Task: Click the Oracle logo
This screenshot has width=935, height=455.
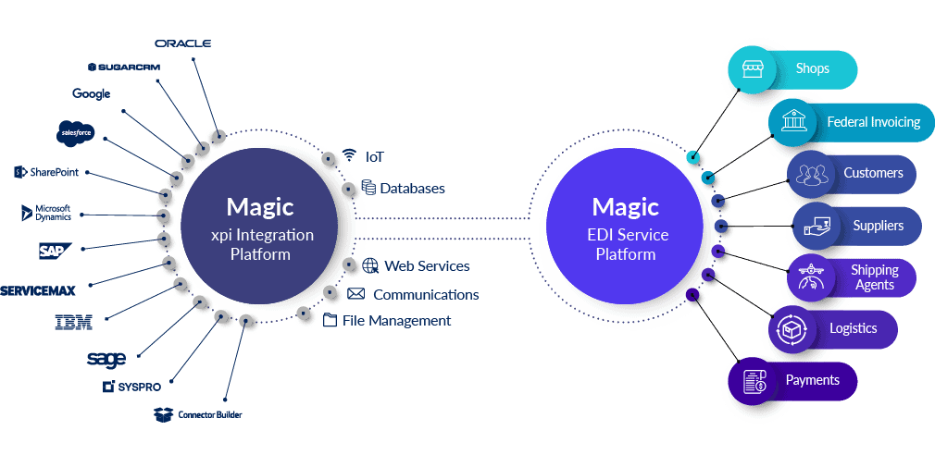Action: click(x=183, y=43)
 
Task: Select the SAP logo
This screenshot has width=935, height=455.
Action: click(x=53, y=250)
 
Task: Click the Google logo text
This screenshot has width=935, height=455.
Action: click(x=91, y=93)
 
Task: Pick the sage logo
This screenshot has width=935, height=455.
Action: click(x=106, y=358)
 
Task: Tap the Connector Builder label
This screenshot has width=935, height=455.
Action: click(x=201, y=414)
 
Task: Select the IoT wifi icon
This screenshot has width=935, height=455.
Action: click(x=349, y=154)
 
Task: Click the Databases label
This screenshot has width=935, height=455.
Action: click(x=412, y=189)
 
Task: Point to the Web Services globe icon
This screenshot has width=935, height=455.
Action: click(x=371, y=266)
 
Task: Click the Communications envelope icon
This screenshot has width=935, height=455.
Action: click(x=355, y=295)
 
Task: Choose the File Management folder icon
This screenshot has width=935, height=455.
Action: click(x=331, y=321)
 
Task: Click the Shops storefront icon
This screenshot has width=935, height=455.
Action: click(x=746, y=68)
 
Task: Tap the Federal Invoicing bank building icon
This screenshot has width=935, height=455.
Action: click(x=792, y=122)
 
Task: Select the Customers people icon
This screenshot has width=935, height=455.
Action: click(x=812, y=174)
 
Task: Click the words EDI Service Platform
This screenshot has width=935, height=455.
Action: click(x=626, y=245)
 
